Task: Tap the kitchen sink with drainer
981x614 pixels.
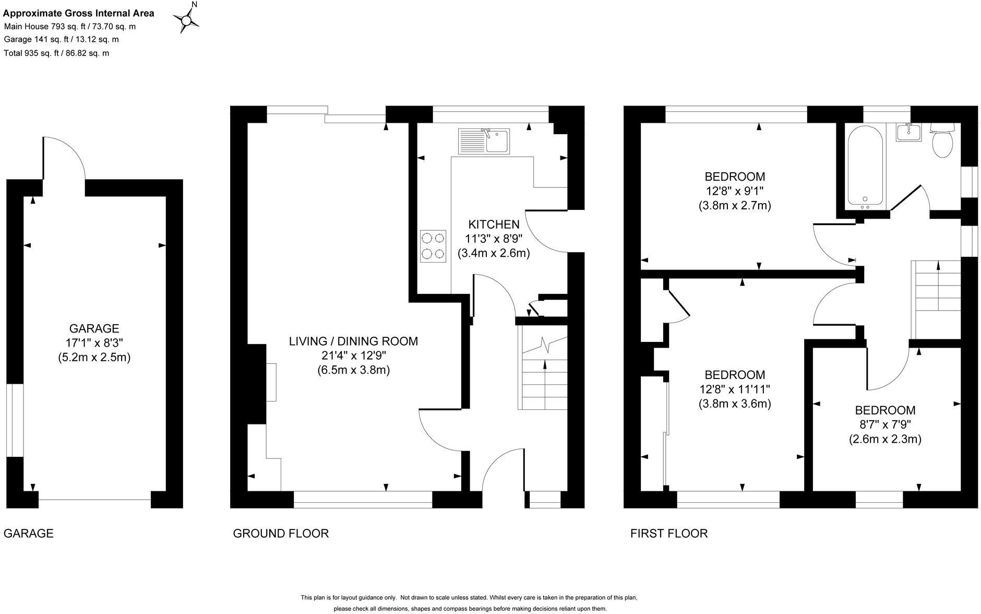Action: coord(484,141)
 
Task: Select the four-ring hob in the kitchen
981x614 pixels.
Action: coord(433,246)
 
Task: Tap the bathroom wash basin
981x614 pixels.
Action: coord(908,133)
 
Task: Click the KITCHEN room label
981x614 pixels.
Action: coord(494,225)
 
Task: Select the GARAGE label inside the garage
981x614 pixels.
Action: coord(94,328)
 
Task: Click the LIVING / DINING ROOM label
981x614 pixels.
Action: coord(353,341)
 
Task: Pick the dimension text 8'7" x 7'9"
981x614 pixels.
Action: coord(884,424)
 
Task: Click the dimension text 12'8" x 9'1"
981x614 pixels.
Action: coord(734,191)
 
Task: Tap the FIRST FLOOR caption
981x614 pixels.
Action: coord(668,534)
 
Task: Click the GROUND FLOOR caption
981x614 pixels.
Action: coord(280,534)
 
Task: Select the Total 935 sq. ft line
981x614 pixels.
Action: coord(56,53)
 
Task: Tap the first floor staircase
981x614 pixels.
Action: coord(937,298)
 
